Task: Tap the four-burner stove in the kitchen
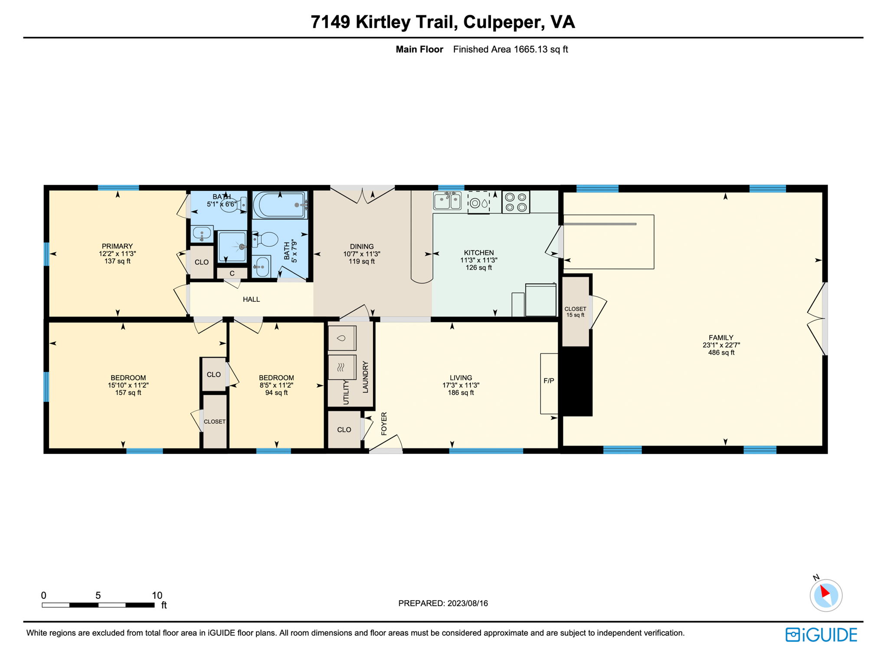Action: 516,202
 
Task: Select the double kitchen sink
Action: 447,201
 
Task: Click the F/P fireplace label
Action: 549,381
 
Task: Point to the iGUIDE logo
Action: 821,635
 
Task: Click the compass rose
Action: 826,595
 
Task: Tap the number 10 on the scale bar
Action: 157,595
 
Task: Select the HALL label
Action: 251,299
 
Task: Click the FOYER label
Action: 384,424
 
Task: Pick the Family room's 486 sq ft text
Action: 721,353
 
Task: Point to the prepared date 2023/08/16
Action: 468,603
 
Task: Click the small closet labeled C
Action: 232,273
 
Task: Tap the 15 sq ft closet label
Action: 575,315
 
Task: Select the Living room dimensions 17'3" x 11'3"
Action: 461,385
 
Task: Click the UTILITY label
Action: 346,392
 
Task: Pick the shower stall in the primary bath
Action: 232,247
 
